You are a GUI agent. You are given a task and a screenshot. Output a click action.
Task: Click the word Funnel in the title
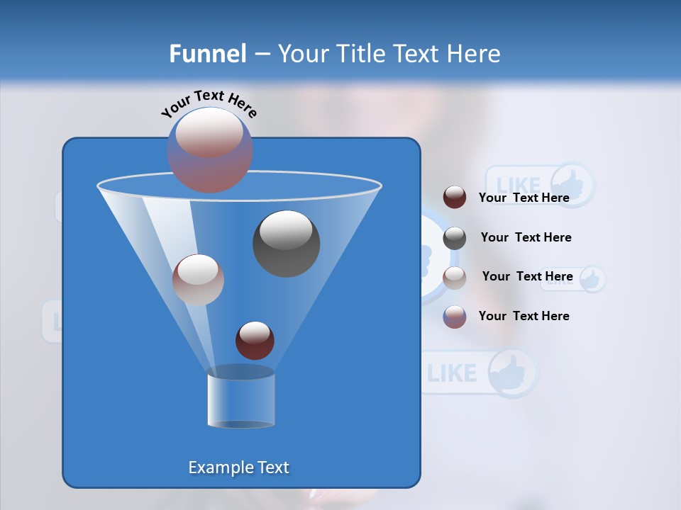[207, 54]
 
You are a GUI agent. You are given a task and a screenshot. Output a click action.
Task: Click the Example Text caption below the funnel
[238, 467]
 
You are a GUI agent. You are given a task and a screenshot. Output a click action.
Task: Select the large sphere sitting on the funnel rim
[209, 149]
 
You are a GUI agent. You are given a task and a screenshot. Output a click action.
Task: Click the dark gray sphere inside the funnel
[286, 244]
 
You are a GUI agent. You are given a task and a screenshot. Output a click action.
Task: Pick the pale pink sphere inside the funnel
[198, 280]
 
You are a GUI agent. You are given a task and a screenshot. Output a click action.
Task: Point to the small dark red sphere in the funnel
[255, 340]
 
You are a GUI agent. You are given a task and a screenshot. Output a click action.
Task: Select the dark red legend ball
[455, 198]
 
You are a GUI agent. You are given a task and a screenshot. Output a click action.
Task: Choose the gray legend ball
[455, 238]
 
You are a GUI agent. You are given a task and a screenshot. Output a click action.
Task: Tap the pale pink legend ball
[455, 278]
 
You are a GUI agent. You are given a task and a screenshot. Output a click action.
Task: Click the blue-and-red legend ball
[455, 317]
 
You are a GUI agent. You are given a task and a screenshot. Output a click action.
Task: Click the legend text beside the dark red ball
[524, 198]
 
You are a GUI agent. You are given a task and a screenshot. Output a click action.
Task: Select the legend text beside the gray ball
[526, 237]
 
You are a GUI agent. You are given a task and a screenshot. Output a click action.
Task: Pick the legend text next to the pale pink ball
[527, 276]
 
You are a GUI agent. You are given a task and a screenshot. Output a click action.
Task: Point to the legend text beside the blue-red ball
[524, 316]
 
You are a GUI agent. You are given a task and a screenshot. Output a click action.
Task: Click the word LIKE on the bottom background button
[452, 373]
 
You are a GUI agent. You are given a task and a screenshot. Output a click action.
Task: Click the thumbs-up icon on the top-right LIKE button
[572, 185]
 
